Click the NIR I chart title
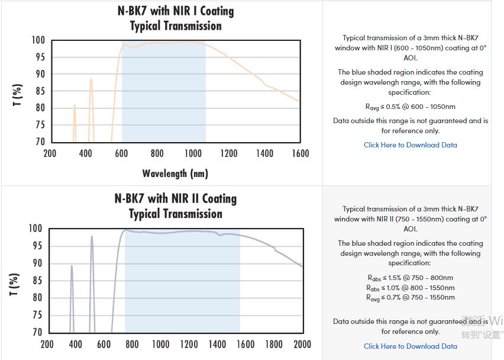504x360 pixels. click(176, 18)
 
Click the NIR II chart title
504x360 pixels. click(176, 206)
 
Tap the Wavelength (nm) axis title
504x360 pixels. click(175, 173)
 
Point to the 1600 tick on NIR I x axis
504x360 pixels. click(301, 153)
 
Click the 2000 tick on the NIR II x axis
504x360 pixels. click(302, 344)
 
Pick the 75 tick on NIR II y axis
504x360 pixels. click(35, 316)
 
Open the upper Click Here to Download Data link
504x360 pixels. click(410, 145)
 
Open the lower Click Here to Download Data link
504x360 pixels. click(410, 346)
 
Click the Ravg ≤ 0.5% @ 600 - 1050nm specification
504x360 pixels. click(410, 107)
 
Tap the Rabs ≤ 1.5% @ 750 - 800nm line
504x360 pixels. click(410, 278)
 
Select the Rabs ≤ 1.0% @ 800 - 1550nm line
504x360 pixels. click(410, 288)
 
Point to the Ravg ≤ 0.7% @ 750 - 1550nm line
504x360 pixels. click(410, 297)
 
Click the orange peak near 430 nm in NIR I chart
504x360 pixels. click(91, 80)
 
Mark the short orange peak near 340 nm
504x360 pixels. click(75, 107)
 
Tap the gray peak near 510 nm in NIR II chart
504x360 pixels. click(92, 237)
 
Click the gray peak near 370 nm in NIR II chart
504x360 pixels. click(72, 267)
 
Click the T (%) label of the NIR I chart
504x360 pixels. click(18, 95)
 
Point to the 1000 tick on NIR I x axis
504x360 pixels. click(193, 153)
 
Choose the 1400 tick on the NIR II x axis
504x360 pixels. click(217, 344)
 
